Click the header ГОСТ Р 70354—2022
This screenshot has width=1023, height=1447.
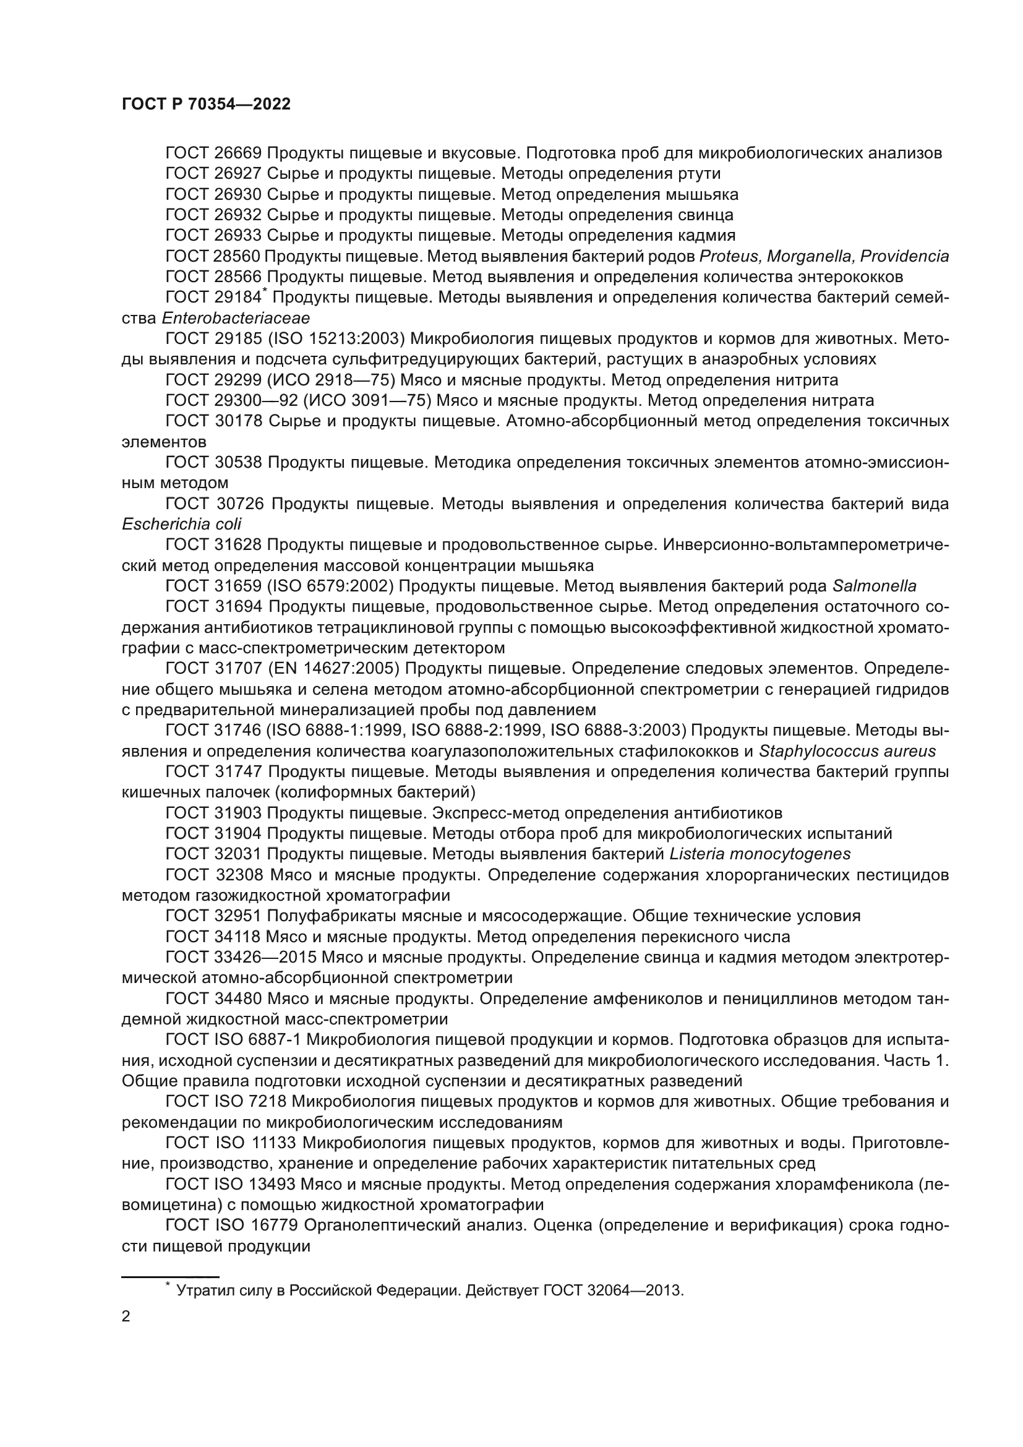click(206, 105)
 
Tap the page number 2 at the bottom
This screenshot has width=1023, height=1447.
click(126, 1316)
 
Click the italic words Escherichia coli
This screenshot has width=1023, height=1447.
click(181, 525)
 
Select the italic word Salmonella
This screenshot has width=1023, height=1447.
click(875, 586)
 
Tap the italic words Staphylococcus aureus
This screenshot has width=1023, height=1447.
click(847, 751)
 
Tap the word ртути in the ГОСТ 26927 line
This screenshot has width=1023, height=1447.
click(700, 173)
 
